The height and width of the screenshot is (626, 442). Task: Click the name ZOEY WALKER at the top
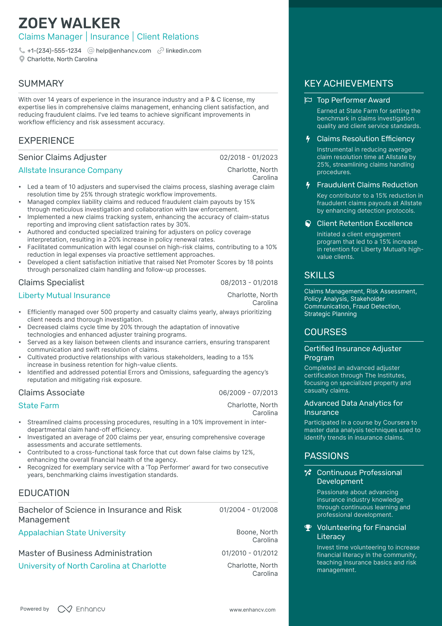[69, 23]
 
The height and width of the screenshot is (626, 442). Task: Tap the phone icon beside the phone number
[22, 51]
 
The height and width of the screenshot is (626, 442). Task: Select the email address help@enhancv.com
[124, 51]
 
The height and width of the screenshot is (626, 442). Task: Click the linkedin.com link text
[183, 51]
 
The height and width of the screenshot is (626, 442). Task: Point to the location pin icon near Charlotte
[22, 59]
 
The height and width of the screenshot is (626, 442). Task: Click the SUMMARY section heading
[41, 83]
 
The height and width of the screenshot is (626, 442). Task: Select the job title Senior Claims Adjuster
[62, 157]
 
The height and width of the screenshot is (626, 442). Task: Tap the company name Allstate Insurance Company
[70, 170]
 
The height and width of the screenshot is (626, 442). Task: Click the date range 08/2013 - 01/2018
[249, 283]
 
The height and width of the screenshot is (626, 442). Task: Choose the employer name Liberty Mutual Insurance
[64, 296]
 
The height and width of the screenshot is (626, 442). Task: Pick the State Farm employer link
[39, 406]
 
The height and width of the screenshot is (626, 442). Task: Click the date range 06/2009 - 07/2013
[248, 393]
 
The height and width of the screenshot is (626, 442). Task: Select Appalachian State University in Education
[72, 533]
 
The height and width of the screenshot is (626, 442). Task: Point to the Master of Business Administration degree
[85, 553]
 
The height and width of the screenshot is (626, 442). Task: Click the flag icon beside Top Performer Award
[308, 100]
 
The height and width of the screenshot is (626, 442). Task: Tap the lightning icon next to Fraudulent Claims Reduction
[308, 185]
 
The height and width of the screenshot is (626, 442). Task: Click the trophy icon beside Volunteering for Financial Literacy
[308, 528]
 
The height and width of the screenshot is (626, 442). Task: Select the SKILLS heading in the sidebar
[319, 275]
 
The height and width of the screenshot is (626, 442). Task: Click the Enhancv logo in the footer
[82, 609]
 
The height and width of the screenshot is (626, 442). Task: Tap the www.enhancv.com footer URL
[252, 610]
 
